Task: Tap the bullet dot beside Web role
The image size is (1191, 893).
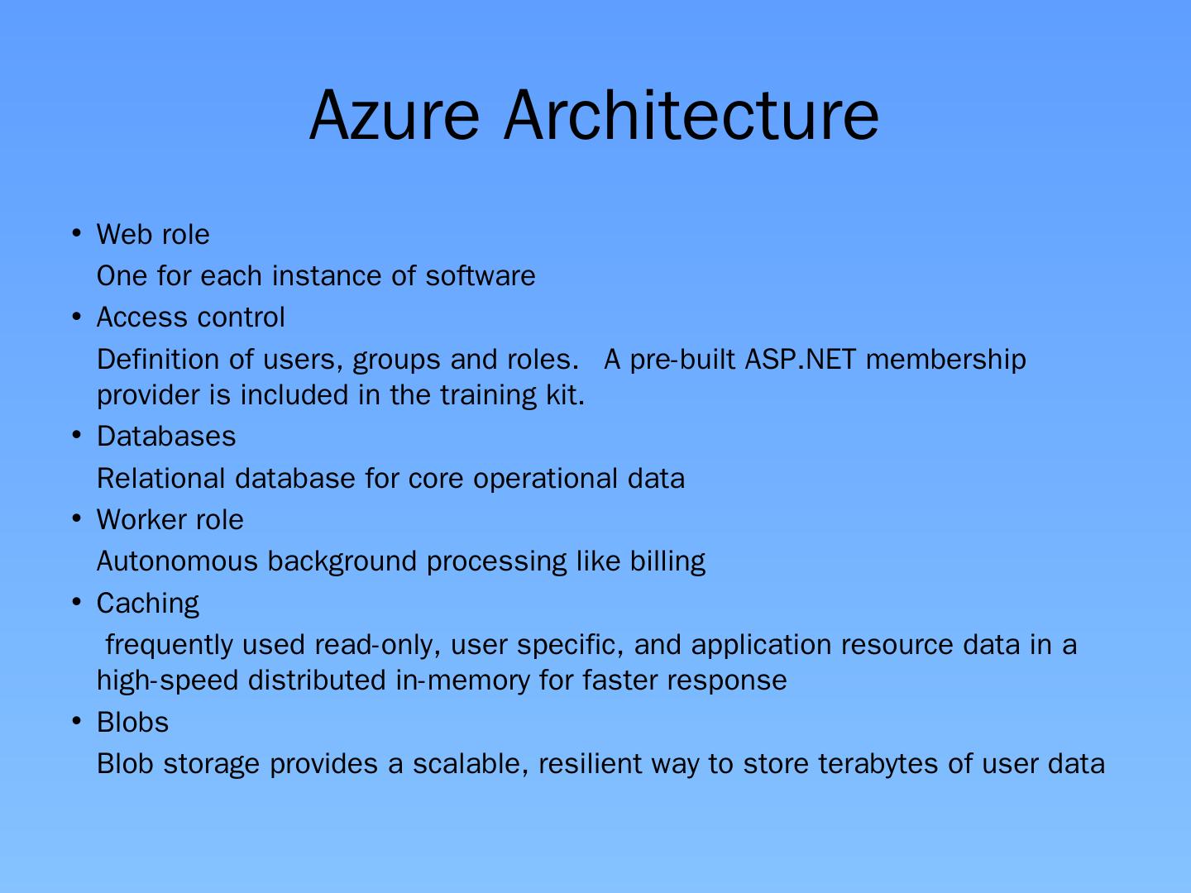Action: (77, 233)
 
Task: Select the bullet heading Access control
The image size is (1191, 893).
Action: (190, 318)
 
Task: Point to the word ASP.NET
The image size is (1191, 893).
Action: (801, 360)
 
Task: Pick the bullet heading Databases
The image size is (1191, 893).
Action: (166, 437)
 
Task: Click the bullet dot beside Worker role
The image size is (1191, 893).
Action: (77, 519)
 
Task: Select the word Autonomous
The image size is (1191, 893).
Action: (177, 561)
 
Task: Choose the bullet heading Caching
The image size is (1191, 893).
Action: (148, 604)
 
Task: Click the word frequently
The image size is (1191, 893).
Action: (170, 645)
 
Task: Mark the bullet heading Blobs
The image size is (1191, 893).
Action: (132, 723)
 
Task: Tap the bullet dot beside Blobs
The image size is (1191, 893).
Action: (77, 722)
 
